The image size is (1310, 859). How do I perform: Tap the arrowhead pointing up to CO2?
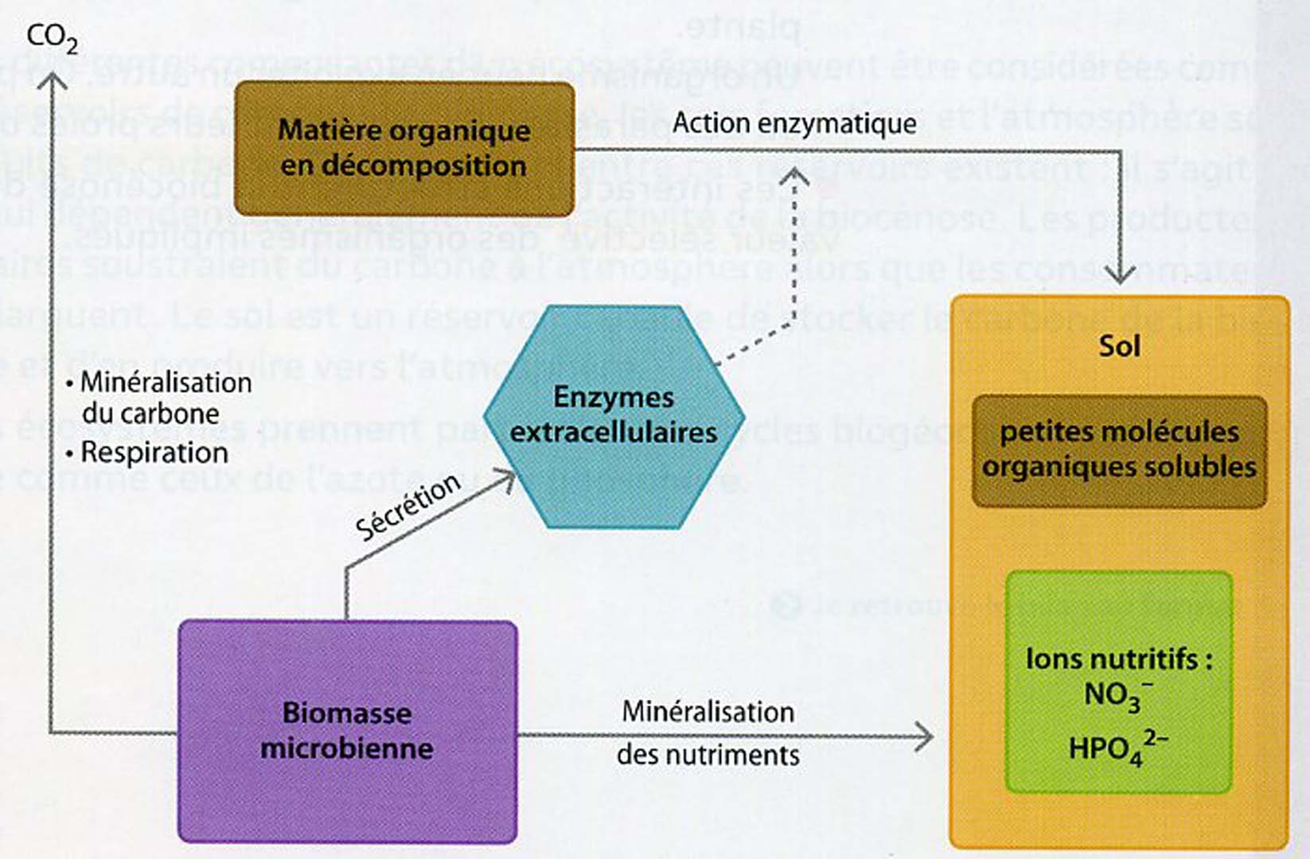53,80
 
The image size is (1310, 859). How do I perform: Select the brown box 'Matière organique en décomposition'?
404,148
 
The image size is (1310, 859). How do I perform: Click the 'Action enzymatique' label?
794,123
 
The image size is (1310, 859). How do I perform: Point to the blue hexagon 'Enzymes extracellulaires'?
614,416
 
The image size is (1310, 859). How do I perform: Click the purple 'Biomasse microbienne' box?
347,730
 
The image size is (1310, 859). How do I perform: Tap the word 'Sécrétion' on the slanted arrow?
407,507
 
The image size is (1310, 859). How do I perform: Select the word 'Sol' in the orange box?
1119,346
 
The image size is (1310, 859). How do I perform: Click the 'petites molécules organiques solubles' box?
1119,450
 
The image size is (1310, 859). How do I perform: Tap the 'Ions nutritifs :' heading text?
1118,659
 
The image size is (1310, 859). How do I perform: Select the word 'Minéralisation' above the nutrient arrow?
708,711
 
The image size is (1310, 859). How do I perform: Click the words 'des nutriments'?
708,754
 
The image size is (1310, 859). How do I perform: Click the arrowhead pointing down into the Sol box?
1121,275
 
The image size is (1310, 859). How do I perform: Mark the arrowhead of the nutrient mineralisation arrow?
924,737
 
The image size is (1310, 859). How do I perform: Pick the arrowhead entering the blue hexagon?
505,479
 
